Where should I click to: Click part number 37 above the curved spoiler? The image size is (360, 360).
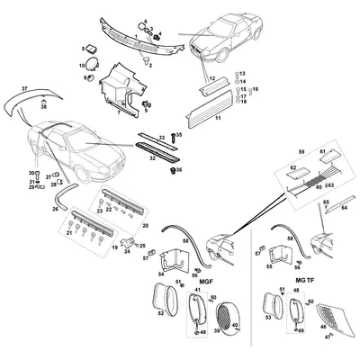point(24,89)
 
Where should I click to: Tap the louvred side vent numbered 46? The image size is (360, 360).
point(335,319)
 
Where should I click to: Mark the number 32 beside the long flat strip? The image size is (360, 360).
point(162,157)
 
